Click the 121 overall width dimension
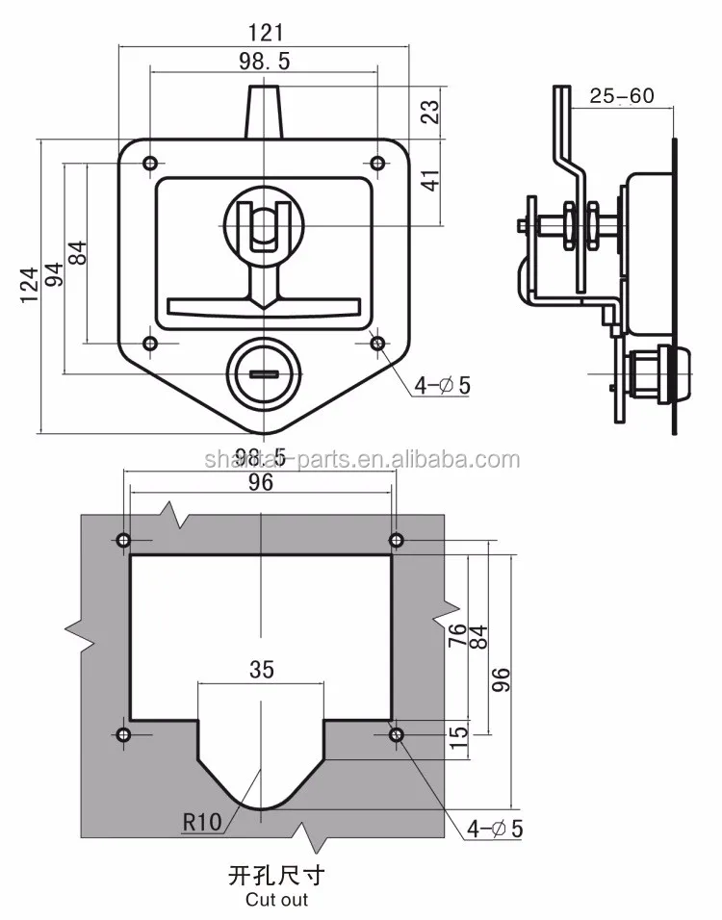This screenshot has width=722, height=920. click(263, 32)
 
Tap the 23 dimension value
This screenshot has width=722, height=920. click(430, 113)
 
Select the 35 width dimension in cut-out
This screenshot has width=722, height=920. click(261, 669)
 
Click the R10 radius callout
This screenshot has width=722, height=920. click(201, 822)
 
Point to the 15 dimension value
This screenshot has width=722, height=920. click(459, 739)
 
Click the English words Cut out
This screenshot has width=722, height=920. click(276, 900)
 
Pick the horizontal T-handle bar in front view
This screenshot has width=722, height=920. click(263, 307)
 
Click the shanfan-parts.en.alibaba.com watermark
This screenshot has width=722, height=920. click(362, 459)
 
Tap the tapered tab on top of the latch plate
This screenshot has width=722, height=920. click(263, 111)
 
